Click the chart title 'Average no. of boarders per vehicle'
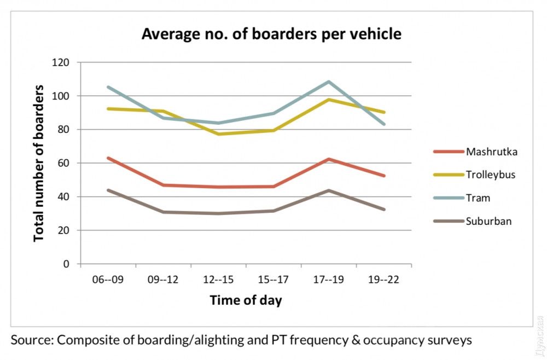[271, 34]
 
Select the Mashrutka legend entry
[491, 152]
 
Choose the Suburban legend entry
[488, 221]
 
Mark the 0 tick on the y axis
[67, 264]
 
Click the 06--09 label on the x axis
[108, 280]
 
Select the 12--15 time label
[218, 280]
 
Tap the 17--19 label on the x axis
[329, 280]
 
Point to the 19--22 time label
[384, 280]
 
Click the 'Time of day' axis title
[246, 300]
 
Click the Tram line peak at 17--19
[329, 82]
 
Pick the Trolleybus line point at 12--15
[218, 134]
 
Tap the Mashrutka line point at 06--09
[108, 158]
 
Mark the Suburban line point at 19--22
[384, 210]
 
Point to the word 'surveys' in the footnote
[450, 340]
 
